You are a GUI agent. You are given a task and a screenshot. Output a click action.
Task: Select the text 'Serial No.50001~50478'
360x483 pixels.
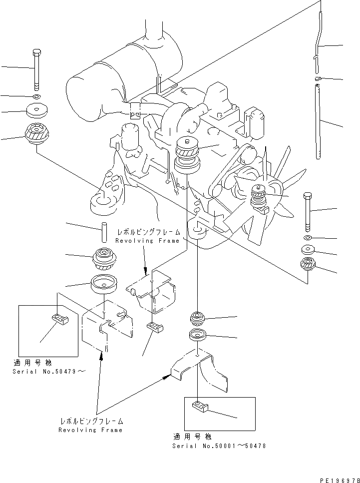(219, 446)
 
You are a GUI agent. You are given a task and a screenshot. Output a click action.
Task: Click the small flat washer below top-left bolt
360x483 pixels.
(36, 95)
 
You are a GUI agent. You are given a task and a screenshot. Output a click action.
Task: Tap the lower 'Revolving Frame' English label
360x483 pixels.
(90, 430)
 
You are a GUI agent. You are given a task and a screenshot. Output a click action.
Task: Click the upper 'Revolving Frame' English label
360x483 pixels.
(147, 241)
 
